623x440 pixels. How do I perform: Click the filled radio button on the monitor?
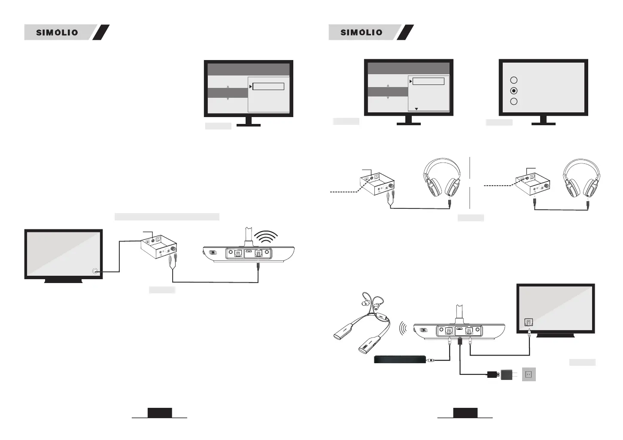click(x=514, y=91)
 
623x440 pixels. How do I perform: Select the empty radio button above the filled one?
click(x=514, y=80)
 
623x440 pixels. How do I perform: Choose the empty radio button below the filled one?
click(x=514, y=102)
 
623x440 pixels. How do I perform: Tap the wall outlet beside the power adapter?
click(x=529, y=374)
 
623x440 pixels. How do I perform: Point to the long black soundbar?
click(x=400, y=360)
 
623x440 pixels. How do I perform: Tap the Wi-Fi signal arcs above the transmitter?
click(x=266, y=238)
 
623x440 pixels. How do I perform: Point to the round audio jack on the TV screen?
click(x=95, y=271)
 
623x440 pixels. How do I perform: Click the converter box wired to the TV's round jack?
click(x=158, y=245)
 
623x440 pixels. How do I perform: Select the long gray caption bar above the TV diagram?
click(x=167, y=217)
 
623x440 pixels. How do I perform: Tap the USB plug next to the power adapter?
click(x=493, y=374)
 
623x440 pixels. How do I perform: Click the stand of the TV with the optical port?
click(x=556, y=335)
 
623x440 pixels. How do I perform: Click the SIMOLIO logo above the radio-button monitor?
click(x=361, y=32)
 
